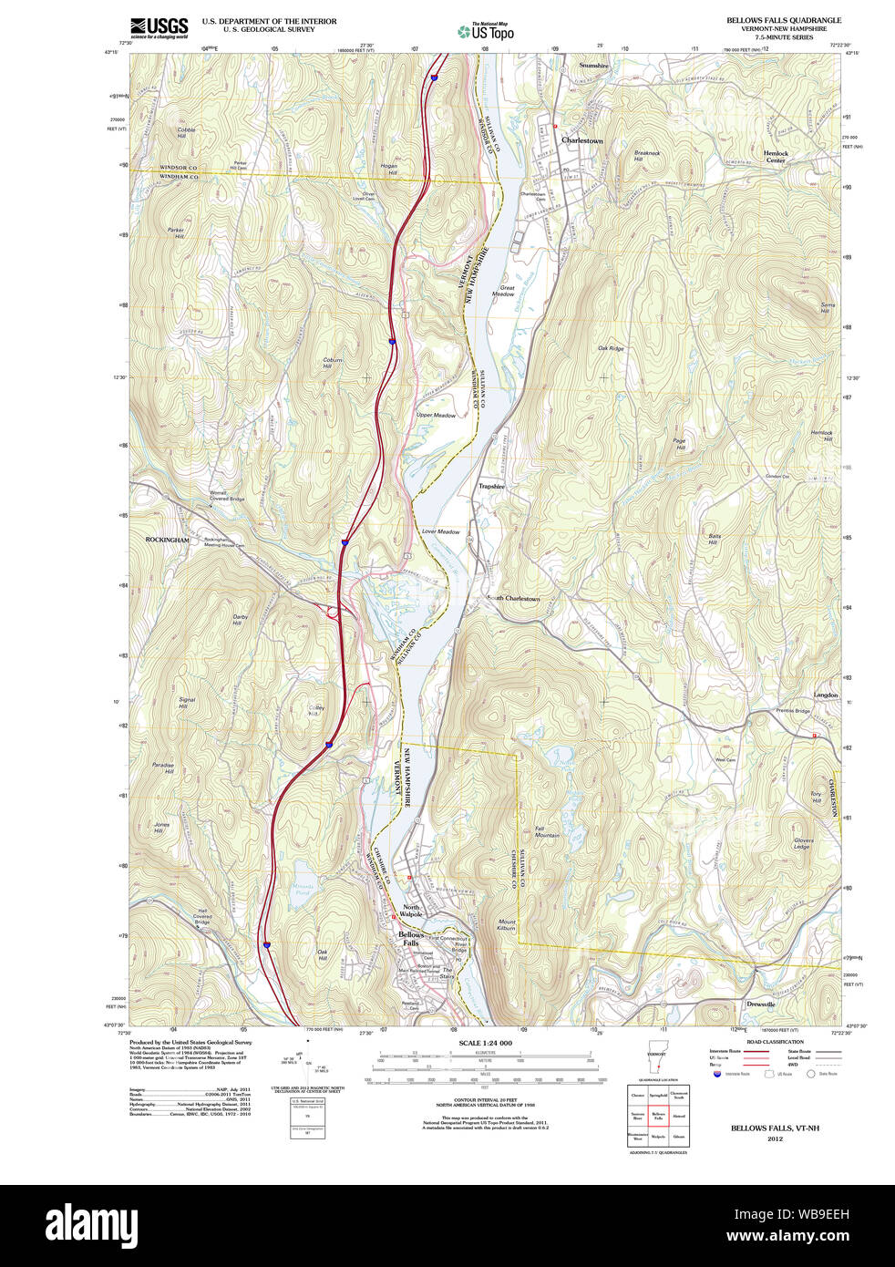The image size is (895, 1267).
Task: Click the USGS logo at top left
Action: click(x=159, y=26)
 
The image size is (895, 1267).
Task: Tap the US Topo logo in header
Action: click(x=486, y=32)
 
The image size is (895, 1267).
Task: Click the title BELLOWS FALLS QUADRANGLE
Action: click(x=783, y=20)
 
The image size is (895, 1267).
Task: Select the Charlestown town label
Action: click(x=581, y=141)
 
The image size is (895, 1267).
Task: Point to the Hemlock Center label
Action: click(x=776, y=157)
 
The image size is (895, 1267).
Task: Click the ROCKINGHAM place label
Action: click(x=168, y=541)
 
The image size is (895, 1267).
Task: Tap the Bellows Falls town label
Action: click(x=411, y=939)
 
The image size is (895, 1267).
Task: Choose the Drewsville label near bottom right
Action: click(x=760, y=1004)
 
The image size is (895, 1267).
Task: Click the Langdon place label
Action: click(x=825, y=695)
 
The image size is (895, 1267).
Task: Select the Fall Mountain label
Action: click(x=547, y=831)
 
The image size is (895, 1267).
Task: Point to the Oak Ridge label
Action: click(x=610, y=348)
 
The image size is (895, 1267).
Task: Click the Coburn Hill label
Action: click(x=333, y=363)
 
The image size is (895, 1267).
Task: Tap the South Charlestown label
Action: click(x=513, y=599)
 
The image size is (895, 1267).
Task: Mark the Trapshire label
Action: click(x=491, y=487)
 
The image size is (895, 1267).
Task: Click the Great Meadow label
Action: click(x=503, y=291)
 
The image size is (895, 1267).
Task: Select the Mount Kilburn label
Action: click(x=507, y=925)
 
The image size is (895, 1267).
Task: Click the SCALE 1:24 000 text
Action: click(x=485, y=1043)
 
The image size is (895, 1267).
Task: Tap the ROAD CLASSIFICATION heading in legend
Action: click(x=775, y=1042)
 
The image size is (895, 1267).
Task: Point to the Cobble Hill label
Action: click(x=186, y=132)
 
